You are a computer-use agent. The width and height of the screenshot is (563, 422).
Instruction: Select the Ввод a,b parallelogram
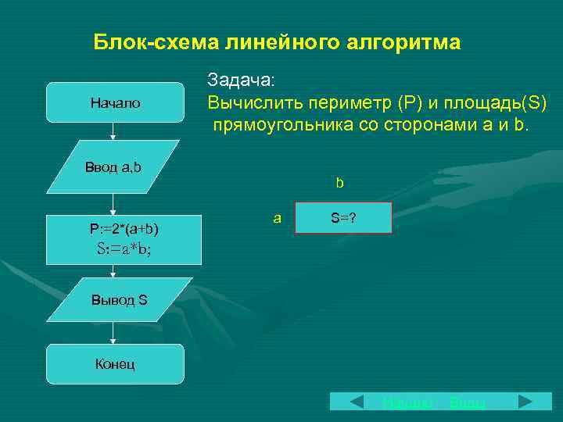click(113, 166)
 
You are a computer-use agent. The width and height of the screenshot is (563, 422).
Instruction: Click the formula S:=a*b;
click(124, 249)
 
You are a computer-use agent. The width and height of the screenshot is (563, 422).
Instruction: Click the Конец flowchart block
click(115, 363)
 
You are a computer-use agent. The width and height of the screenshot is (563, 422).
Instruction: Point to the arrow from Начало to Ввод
click(114, 131)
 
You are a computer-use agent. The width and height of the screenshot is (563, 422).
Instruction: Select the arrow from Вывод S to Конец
click(114, 332)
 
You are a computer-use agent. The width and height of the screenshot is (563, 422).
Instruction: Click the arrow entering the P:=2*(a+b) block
click(114, 205)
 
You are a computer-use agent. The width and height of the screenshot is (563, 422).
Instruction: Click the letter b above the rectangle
click(340, 184)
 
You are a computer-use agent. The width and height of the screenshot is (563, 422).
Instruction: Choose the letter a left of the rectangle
click(277, 218)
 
